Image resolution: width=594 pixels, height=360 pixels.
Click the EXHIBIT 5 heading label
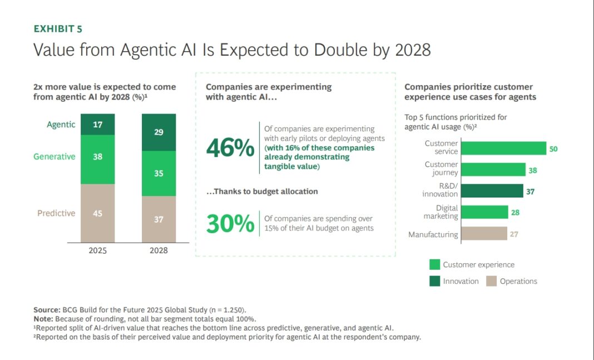(58, 29)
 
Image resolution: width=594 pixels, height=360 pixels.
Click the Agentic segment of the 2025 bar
(97, 125)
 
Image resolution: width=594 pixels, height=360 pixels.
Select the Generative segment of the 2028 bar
(159, 174)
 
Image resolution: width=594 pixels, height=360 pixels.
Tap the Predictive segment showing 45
(97, 213)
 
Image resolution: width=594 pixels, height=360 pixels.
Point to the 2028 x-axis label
(159, 250)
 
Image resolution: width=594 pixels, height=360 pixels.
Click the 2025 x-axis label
(97, 250)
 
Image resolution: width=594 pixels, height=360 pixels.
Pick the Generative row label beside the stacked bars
(54, 157)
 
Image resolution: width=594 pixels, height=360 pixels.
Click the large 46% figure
(230, 149)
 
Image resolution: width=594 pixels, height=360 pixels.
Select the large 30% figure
(230, 224)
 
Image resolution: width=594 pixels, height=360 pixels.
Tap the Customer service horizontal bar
(504, 148)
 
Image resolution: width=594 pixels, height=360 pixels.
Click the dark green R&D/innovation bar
(493, 191)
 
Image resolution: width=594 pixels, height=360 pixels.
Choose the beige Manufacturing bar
(484, 234)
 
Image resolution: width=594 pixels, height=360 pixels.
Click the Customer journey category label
(441, 169)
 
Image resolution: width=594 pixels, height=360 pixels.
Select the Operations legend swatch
(491, 281)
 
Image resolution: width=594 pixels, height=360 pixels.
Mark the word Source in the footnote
(46, 309)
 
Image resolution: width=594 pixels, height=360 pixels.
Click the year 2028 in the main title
(412, 50)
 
